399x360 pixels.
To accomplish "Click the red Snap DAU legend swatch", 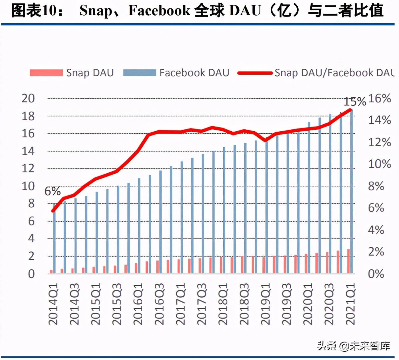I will point(46,73).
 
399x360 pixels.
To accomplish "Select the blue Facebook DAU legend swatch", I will point(139,73).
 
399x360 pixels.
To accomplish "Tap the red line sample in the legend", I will point(255,73).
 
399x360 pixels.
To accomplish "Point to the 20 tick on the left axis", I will point(28,98).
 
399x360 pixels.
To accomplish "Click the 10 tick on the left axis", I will point(28,186).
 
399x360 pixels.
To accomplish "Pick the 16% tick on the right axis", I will point(379,98).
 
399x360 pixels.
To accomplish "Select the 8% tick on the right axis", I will point(376,186).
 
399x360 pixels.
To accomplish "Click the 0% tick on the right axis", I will point(376,273).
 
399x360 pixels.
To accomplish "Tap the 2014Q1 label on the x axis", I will point(53,304).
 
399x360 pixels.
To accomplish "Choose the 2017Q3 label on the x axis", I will point(202,304).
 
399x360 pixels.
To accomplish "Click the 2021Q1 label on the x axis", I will point(350,304).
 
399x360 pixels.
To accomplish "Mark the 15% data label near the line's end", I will point(355,102).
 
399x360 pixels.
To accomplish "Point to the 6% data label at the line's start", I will point(52,191).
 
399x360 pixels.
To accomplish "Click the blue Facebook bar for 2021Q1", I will point(351,191).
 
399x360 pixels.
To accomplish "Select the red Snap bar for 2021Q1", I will point(348,261).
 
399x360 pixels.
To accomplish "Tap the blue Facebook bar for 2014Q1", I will point(54,239).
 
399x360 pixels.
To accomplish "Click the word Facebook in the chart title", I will point(159,10).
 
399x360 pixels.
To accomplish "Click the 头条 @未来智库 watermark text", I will point(353,346).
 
